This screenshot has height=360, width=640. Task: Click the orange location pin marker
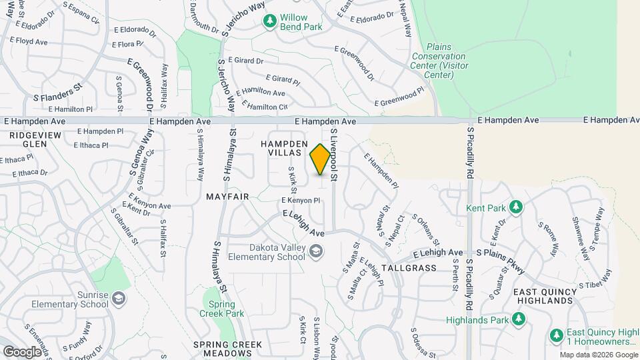pos(321,159)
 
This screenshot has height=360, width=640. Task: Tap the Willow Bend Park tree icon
pos(269,21)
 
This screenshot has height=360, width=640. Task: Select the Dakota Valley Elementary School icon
pos(316,251)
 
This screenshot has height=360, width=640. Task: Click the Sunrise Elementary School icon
pos(119,298)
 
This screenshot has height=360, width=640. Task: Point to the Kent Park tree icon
pos(515,207)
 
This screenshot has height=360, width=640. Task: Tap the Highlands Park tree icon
pos(517,320)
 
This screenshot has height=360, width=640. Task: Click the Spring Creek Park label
pos(221,308)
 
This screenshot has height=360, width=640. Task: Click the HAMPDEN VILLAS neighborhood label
pos(284,148)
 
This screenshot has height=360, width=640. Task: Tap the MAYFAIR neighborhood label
pos(227,197)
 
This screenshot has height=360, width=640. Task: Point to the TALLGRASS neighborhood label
pos(409,268)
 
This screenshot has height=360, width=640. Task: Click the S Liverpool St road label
pos(333,156)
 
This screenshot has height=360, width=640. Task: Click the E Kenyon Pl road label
pos(297,200)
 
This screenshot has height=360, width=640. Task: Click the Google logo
pos(22,351)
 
